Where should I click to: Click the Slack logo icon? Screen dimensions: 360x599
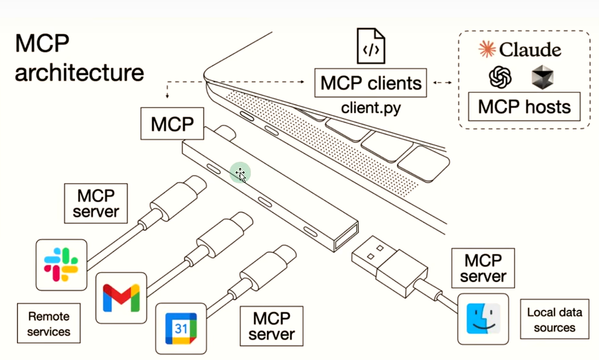pos(61,265)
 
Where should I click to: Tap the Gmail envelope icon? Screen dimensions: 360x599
pos(121,298)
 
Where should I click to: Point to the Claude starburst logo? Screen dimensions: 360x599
pos(487,49)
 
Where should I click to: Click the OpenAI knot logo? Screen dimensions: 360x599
pos(500,77)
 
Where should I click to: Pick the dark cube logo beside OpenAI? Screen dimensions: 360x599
pos(542,77)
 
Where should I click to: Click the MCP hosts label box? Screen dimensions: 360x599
pos(524,107)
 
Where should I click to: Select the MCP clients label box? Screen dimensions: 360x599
pos(371,83)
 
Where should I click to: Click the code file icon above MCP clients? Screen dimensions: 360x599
pos(371,47)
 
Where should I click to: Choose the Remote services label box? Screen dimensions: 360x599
pos(49,324)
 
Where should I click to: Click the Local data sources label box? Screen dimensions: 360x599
pos(555,320)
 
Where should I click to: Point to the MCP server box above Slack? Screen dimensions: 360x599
pos(96,204)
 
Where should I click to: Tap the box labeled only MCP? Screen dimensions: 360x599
pos(172,124)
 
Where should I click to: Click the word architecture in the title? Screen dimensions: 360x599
pos(79,72)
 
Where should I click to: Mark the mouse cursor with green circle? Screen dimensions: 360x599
pos(240,174)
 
